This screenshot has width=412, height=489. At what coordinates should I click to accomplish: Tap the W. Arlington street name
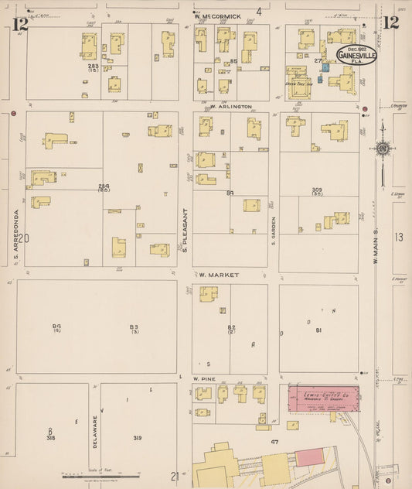click(231, 107)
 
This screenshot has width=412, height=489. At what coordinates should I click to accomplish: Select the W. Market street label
click(219, 275)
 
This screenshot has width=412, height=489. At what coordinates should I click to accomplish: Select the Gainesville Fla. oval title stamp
click(356, 56)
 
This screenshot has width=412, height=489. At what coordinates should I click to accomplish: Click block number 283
click(93, 67)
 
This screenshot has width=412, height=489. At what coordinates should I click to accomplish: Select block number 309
click(317, 190)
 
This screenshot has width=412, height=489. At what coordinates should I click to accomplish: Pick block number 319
click(137, 438)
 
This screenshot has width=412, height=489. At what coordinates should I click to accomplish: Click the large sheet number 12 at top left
click(20, 24)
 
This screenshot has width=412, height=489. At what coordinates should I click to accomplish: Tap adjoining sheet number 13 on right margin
click(397, 237)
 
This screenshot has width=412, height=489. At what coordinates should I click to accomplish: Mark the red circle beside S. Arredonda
click(14, 114)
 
